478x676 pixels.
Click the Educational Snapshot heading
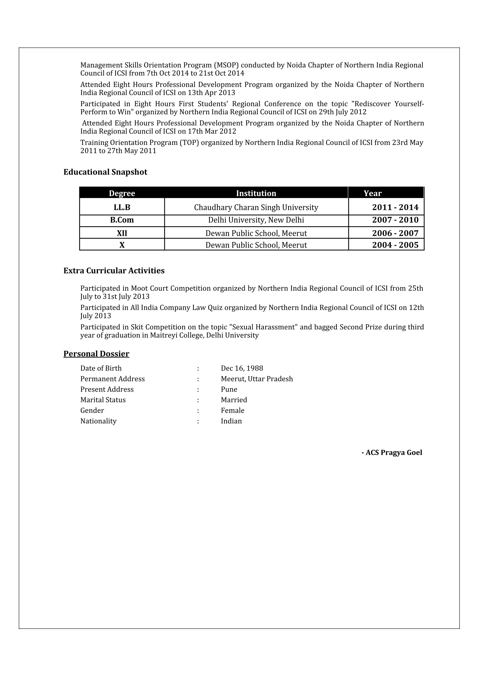tap(105, 172)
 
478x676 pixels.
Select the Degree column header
tap(122, 193)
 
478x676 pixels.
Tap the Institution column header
tap(256, 193)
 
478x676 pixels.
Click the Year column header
tap(372, 193)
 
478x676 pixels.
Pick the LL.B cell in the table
tap(122, 207)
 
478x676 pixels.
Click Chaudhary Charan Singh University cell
tap(256, 207)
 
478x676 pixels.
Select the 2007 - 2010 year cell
tap(395, 220)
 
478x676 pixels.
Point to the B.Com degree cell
tap(122, 220)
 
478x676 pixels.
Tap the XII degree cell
tap(122, 233)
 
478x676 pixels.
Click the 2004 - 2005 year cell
tap(395, 245)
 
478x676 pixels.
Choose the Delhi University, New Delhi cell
tap(256, 220)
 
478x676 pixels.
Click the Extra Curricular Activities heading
tap(114, 271)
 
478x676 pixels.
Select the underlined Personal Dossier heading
tap(96, 354)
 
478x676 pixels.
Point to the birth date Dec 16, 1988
tap(242, 368)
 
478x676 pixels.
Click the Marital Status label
tap(103, 400)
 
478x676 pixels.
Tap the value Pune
tap(229, 389)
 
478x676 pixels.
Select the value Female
tap(232, 411)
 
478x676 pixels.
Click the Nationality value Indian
tap(231, 421)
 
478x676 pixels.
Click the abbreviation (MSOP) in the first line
tap(226, 65)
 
